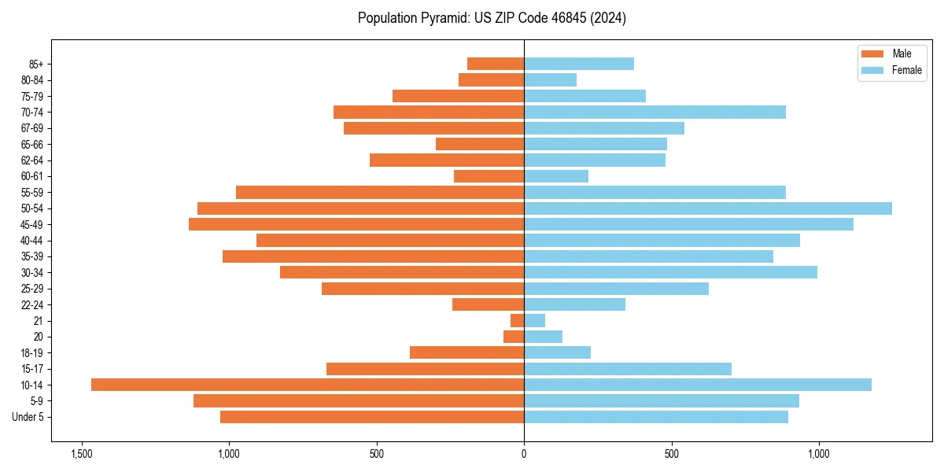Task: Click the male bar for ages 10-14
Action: tap(307, 385)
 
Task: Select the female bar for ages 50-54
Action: tap(708, 208)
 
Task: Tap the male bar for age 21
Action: tap(517, 321)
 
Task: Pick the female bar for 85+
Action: tap(579, 64)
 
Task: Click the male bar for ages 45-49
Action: tap(356, 224)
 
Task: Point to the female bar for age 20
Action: tap(543, 337)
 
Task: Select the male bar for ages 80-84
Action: tap(491, 79)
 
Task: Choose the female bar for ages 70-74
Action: tap(655, 112)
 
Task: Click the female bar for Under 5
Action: tap(656, 417)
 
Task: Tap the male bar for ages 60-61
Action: tap(489, 176)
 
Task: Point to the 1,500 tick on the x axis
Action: tap(81, 454)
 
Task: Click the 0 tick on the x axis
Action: tap(524, 454)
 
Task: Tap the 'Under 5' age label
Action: tap(28, 417)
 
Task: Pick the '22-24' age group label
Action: tap(33, 304)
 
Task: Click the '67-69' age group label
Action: tap(33, 128)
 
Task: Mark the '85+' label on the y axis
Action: tap(35, 64)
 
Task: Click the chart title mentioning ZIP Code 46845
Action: tap(492, 18)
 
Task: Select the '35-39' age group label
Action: tap(33, 256)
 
